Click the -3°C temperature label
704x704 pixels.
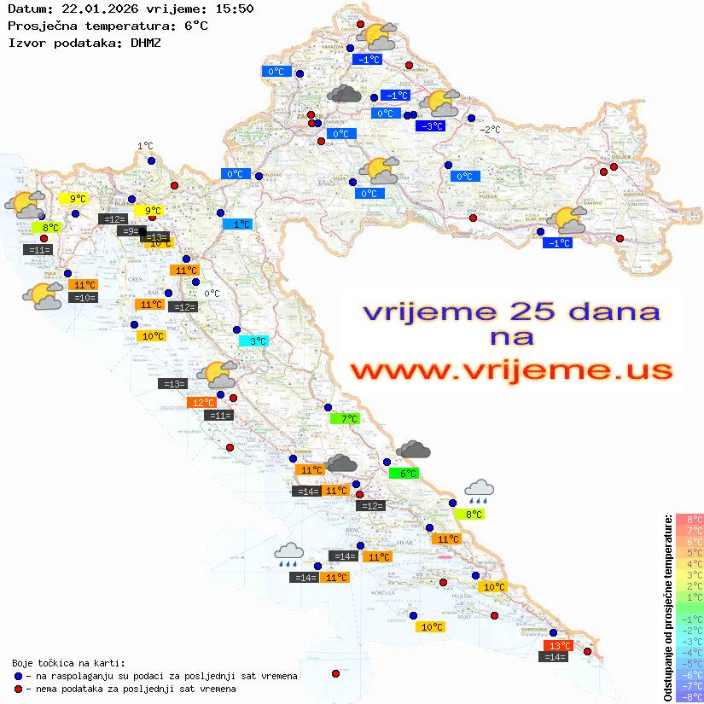pyautogui.click(x=430, y=126)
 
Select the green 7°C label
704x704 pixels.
pyautogui.click(x=345, y=419)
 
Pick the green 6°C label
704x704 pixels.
pyautogui.click(x=404, y=474)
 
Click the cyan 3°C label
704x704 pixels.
pyautogui.click(x=253, y=341)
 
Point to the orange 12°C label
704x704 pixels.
pyautogui.click(x=202, y=403)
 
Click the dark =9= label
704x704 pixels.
pyautogui.click(x=128, y=231)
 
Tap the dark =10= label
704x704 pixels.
pyautogui.click(x=84, y=298)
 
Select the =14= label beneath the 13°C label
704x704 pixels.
pyautogui.click(x=555, y=657)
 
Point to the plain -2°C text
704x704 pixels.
pyautogui.click(x=490, y=130)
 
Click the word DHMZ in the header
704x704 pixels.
pyautogui.click(x=145, y=42)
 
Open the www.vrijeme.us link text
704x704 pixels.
pyautogui.click(x=510, y=371)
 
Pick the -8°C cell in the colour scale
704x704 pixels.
pyautogui.click(x=689, y=696)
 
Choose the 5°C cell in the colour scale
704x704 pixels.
pyautogui.click(x=689, y=552)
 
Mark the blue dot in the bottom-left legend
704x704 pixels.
pyautogui.click(x=18, y=676)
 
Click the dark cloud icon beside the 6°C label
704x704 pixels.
pyautogui.click(x=413, y=450)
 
